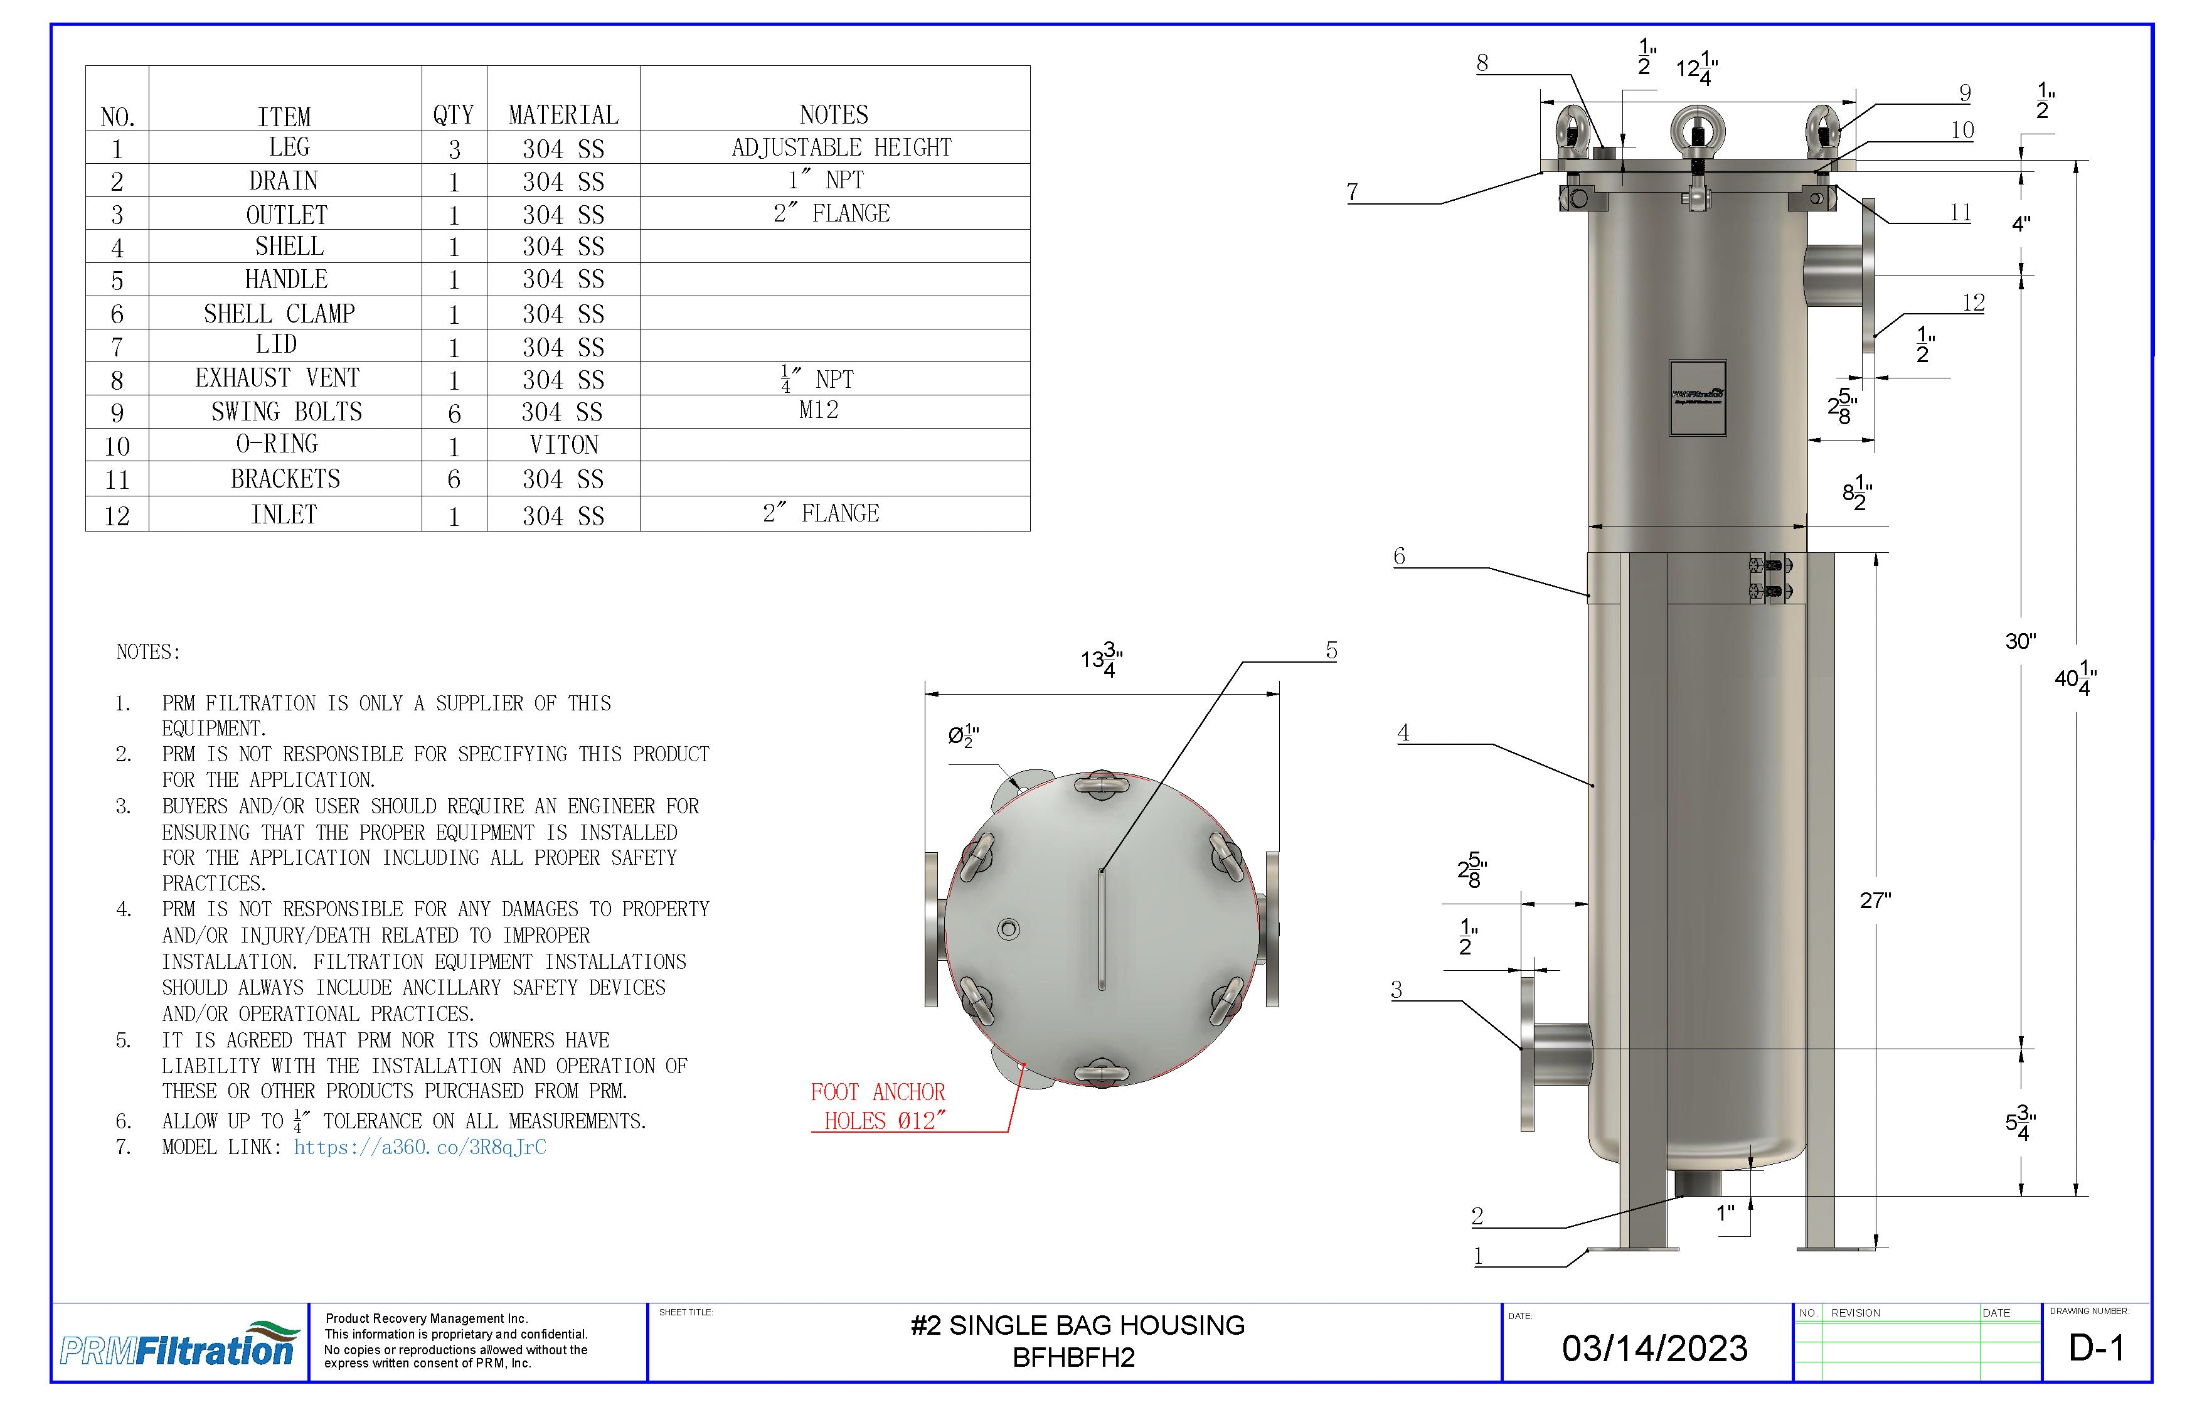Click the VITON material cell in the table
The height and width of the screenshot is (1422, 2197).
point(563,445)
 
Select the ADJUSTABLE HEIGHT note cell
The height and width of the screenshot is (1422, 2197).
point(840,147)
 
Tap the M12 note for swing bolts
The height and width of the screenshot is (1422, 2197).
point(818,410)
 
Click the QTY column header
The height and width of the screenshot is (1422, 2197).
point(453,114)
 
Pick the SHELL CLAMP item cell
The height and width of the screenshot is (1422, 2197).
point(280,314)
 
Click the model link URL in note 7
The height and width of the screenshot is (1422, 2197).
point(420,1147)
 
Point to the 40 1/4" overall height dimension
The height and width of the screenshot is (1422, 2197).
point(2074,680)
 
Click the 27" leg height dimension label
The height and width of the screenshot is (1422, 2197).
point(1875,901)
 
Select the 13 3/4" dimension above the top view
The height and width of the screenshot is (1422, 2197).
point(1101,660)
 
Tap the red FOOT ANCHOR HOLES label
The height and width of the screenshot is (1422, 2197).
point(878,1106)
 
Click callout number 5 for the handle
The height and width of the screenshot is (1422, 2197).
point(1331,651)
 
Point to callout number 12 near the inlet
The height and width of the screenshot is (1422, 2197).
point(1972,303)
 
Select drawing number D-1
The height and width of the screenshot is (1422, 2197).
point(2097,1348)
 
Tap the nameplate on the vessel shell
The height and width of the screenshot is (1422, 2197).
point(1696,397)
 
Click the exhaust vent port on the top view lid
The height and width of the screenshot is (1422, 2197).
point(1009,929)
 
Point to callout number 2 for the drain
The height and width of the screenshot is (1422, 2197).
point(1477,1216)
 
